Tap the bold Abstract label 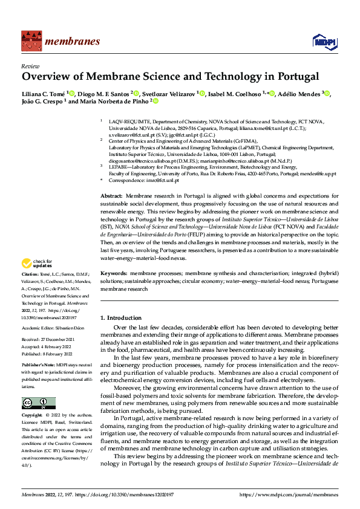(111, 196)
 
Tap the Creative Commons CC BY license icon (38, 403)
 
